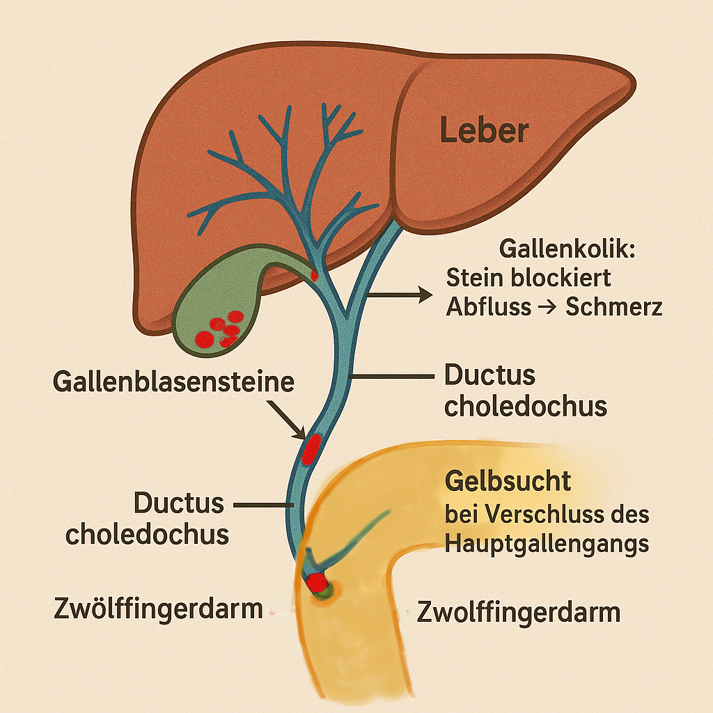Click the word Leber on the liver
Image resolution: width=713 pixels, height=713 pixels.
click(x=485, y=130)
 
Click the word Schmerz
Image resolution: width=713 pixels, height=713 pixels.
click(x=614, y=307)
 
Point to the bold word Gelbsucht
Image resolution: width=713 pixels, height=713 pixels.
click(x=508, y=480)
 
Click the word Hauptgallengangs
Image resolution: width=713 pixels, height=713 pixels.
click(x=547, y=543)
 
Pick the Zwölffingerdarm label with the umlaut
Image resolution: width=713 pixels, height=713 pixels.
click(x=158, y=609)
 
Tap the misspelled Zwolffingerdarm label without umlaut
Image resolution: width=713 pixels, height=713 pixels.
click(x=519, y=612)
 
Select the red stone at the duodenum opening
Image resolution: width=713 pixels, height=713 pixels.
click(x=317, y=582)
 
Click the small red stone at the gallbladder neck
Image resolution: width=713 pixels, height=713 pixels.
click(x=314, y=275)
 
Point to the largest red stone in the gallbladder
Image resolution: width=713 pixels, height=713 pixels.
click(x=204, y=339)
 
